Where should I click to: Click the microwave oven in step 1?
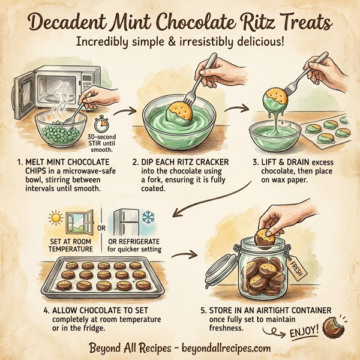point(45,84)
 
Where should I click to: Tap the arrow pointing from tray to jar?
point(188,254)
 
